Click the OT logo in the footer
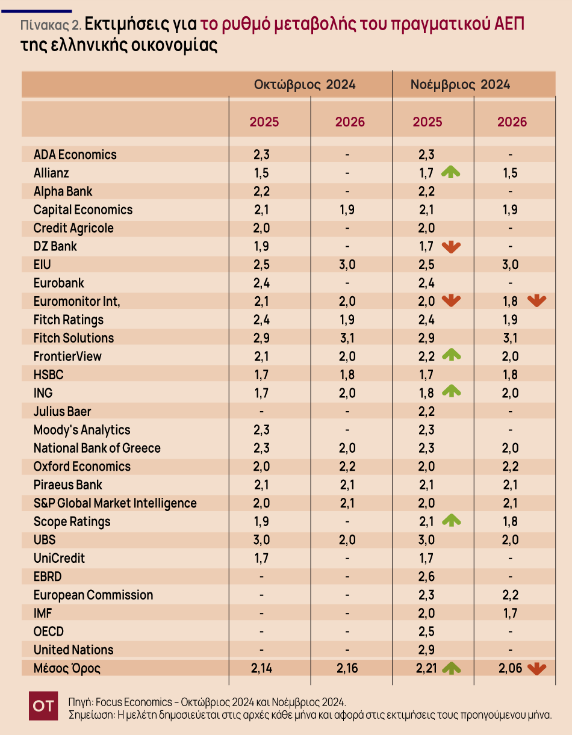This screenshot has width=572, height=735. (x=43, y=706)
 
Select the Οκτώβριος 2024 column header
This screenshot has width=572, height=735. (x=304, y=84)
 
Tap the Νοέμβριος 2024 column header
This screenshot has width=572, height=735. (x=460, y=84)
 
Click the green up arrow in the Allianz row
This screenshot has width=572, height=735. (x=450, y=173)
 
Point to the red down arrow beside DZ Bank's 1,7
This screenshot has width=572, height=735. (x=450, y=246)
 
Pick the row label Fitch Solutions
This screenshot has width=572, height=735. (x=73, y=338)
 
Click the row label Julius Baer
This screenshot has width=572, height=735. (x=62, y=411)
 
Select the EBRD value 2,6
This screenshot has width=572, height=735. (x=427, y=576)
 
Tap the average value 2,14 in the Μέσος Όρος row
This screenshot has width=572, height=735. (x=261, y=668)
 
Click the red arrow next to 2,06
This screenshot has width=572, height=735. (x=536, y=668)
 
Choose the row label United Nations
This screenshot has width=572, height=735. (x=73, y=650)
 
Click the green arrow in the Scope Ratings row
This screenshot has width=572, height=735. (x=450, y=521)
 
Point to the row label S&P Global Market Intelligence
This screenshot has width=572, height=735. (x=115, y=503)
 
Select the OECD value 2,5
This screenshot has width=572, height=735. (x=427, y=631)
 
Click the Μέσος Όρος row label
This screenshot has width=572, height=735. (x=67, y=668)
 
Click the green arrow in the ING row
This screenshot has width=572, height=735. (x=450, y=392)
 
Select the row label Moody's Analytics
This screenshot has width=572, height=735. (x=82, y=430)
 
